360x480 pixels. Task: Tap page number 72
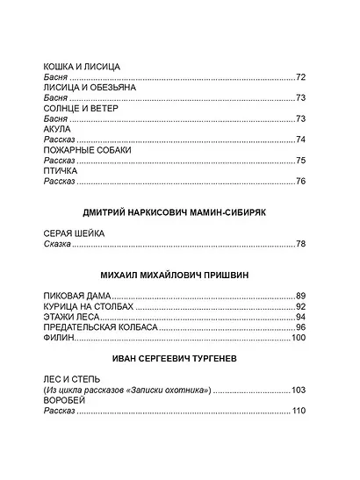click(300, 78)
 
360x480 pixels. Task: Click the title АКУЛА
click(58, 129)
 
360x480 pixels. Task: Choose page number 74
click(300, 140)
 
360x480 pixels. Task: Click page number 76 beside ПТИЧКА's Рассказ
click(300, 181)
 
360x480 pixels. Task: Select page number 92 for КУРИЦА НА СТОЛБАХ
click(300, 306)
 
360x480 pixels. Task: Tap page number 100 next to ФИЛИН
click(298, 338)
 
